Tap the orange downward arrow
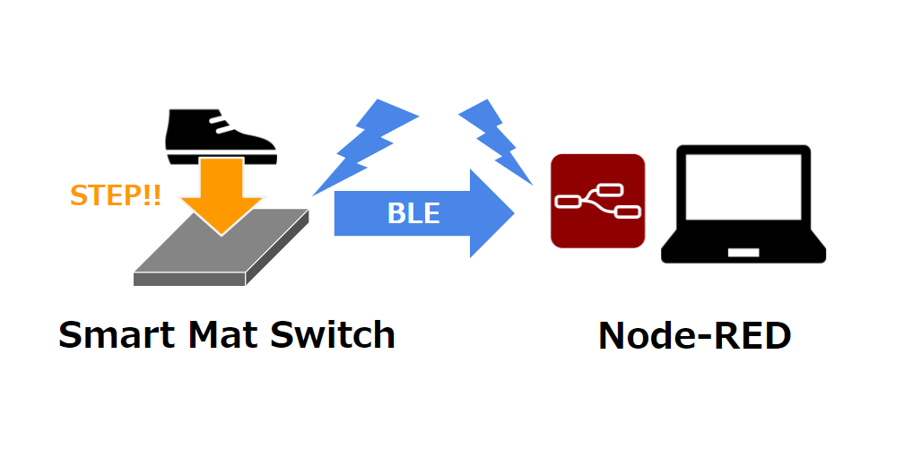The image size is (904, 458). point(219,193)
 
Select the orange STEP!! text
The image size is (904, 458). point(116,195)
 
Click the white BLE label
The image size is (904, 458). point(413,213)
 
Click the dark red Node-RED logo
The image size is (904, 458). point(597,201)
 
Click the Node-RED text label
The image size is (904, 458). point(694,336)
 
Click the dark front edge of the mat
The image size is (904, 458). point(188,279)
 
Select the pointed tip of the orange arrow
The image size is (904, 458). point(219,233)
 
